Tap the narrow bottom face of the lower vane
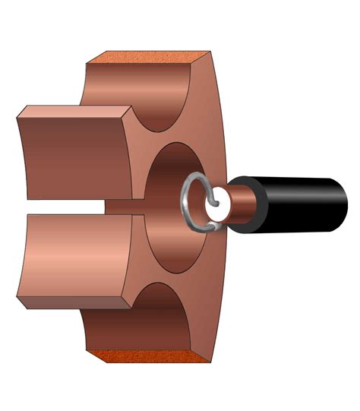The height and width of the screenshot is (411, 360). (x=76, y=304)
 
